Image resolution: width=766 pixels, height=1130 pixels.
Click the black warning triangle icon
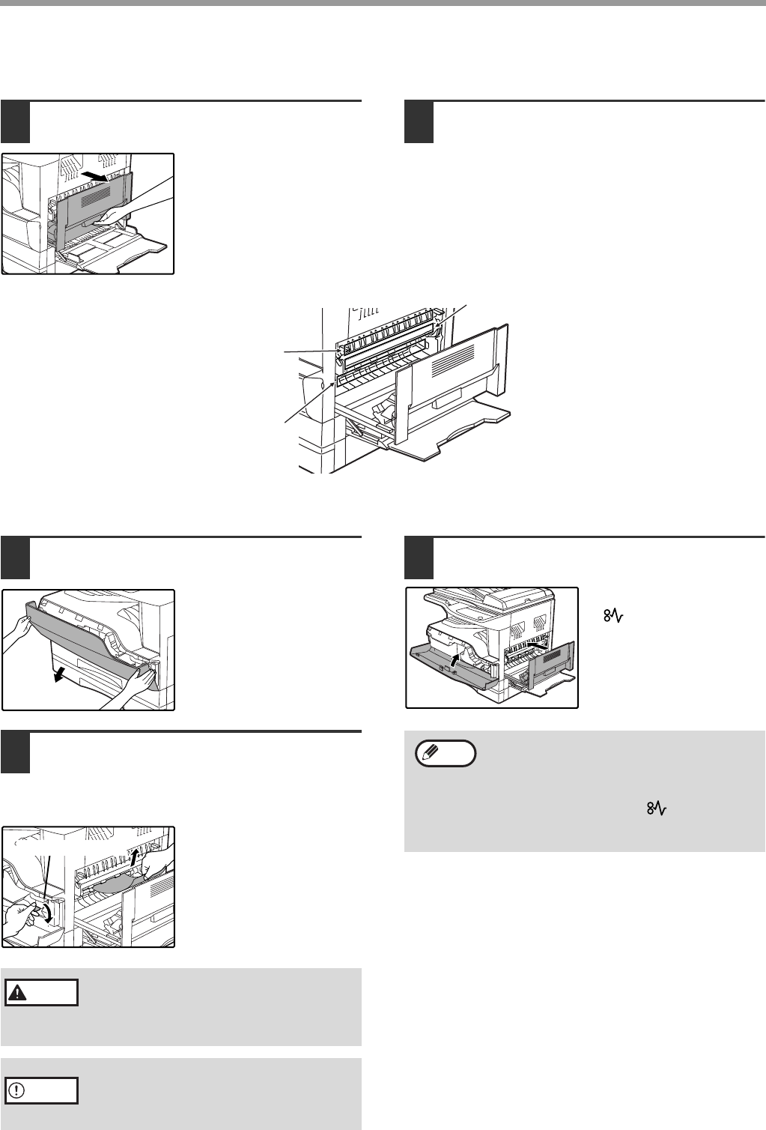tap(16, 992)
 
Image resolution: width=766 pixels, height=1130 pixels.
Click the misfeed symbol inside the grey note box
tap(656, 810)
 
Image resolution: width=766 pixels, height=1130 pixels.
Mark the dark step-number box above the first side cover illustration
tap(15, 122)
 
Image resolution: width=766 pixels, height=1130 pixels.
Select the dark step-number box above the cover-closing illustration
tap(419, 558)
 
